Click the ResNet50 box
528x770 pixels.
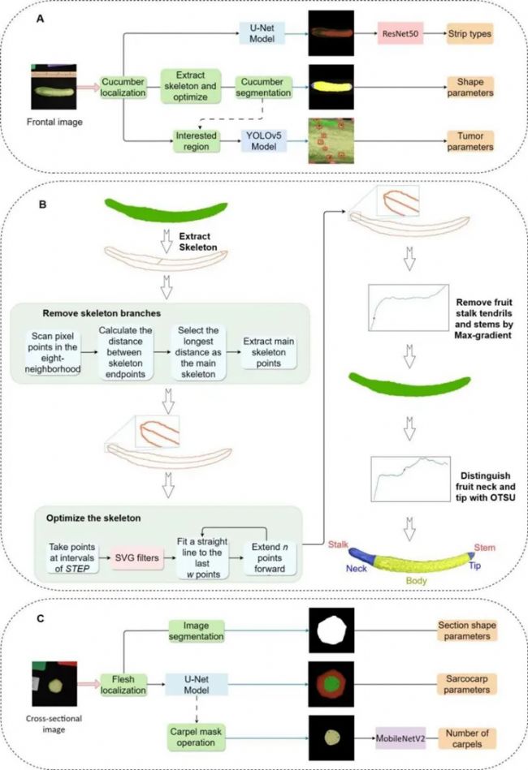click(400, 34)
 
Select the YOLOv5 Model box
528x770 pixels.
click(263, 141)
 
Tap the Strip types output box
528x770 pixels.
click(470, 34)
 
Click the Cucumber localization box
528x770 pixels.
click(123, 88)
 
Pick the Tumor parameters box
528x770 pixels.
click(470, 141)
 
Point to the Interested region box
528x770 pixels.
click(196, 141)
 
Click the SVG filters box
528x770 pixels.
click(136, 558)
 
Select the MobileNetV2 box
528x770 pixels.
click(400, 738)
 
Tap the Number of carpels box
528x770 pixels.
click(467, 738)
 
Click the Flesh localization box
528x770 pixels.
click(123, 685)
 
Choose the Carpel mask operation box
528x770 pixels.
click(196, 737)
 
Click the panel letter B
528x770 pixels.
click(43, 204)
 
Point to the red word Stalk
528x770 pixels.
click(338, 544)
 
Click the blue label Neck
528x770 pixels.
click(356, 568)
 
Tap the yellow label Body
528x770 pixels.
click(416, 580)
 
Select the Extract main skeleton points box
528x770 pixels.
click(268, 352)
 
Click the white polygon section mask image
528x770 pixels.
click(331, 630)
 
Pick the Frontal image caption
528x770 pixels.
click(54, 122)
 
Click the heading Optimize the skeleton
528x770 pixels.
click(93, 518)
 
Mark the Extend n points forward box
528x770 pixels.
click(270, 558)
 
